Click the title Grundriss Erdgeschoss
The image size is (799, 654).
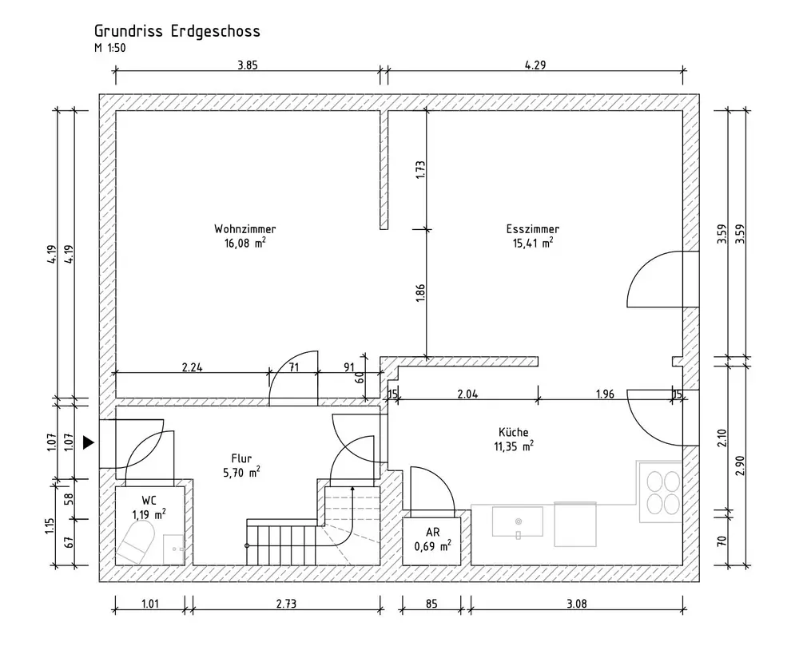177,31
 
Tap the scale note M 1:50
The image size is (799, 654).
109,49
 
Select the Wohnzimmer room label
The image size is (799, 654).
245,228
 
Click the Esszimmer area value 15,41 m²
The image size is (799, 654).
533,243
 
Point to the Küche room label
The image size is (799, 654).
514,432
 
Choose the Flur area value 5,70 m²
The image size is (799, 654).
241,472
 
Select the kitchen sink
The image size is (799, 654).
518,521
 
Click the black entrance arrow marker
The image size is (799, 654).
89,442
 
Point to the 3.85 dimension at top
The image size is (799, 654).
248,65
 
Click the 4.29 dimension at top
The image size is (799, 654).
535,65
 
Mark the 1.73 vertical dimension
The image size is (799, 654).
420,169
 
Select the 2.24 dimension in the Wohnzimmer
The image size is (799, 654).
192,367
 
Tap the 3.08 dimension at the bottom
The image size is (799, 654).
576,604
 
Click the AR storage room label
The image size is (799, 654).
432,533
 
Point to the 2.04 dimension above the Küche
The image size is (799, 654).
467,394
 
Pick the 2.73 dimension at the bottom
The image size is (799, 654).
286,604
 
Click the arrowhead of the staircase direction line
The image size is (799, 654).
352,489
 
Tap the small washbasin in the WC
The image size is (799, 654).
173,549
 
